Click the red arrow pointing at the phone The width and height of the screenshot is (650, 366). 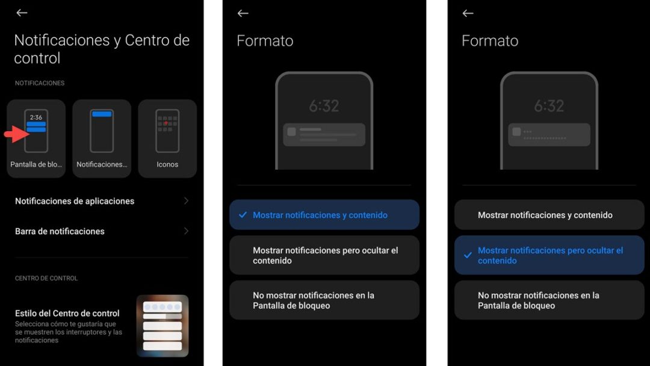coord(16,134)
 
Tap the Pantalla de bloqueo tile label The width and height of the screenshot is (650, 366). coord(36,164)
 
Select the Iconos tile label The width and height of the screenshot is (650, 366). coord(167,164)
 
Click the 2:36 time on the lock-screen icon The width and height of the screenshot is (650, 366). coord(36,117)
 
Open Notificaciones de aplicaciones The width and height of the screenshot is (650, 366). coord(75,201)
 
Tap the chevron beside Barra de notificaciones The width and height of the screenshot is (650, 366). coord(186,231)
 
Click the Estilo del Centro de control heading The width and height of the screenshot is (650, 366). coord(67,313)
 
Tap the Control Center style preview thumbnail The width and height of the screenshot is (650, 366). coord(162,326)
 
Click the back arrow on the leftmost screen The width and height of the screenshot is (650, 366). coord(22,13)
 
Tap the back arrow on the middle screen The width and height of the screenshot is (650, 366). coord(243,13)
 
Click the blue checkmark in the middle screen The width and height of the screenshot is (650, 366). coord(243,215)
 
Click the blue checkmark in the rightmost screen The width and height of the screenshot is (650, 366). coord(468,255)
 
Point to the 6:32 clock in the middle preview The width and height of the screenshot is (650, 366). coord(324,107)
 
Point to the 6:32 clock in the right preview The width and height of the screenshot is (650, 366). coord(549,107)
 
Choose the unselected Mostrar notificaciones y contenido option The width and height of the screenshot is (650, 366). coord(545,215)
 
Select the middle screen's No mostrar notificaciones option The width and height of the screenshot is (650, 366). coord(314,300)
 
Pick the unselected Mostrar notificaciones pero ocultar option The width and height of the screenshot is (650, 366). coord(326,255)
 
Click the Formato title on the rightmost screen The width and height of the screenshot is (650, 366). coord(490,41)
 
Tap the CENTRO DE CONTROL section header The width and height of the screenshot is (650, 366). coord(46,278)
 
